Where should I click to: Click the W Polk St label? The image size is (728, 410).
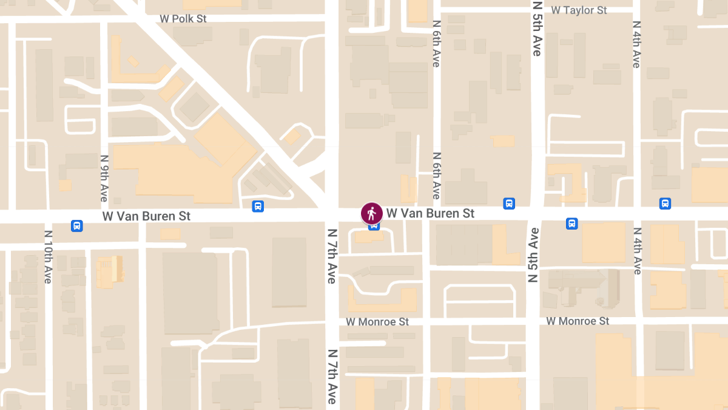[x=183, y=19]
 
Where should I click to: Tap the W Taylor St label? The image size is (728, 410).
[x=579, y=10]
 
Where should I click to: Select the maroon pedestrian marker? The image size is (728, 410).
[x=372, y=213]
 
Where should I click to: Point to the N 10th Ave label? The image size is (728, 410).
[x=49, y=257]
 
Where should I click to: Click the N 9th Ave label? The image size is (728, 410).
[x=104, y=178]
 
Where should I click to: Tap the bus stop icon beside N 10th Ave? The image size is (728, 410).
[x=77, y=226]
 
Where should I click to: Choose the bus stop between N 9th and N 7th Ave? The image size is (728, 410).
[x=258, y=207]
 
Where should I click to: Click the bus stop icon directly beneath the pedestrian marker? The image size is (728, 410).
[x=374, y=227]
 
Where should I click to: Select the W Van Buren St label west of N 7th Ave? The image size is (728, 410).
[x=146, y=216]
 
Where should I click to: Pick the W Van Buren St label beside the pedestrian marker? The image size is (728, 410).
[x=430, y=213]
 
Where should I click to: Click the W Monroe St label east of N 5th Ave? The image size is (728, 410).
[x=577, y=321]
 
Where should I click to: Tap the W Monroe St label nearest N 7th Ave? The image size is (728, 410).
[x=377, y=321]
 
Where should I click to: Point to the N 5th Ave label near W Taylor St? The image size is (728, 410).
[x=536, y=29]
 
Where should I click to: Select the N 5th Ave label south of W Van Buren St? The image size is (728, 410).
[x=533, y=255]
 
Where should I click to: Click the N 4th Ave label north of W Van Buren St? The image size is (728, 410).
[x=636, y=44]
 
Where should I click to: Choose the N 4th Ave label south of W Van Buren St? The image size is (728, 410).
[x=637, y=251]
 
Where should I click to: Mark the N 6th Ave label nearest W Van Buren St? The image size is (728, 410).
[x=436, y=176]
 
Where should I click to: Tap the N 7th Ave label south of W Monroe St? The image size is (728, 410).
[x=332, y=377]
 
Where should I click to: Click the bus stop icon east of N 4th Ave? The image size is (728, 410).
[x=665, y=203]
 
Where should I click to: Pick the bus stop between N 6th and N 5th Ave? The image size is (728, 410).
[x=509, y=203]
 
